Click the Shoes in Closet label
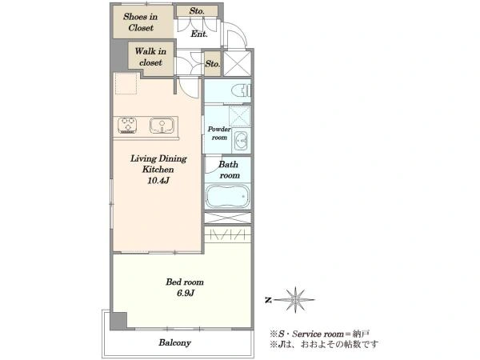pos(141,22)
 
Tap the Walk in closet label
pos(150,57)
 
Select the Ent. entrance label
pos(199,34)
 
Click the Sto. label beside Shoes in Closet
pos(197,11)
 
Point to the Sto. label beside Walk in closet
pos(213,64)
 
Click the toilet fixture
pos(242,90)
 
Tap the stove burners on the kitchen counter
pos(127,126)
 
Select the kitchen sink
pos(162,126)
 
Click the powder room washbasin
pos(242,141)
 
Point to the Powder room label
pos(219,133)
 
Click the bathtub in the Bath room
pos(228,196)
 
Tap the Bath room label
pos(229,170)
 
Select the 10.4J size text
pos(158,181)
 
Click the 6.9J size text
pos(186,294)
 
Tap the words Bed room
pos(185,282)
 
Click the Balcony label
pos(174,342)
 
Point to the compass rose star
pos(295,300)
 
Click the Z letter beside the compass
pos(268,300)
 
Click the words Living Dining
pos(158,158)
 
